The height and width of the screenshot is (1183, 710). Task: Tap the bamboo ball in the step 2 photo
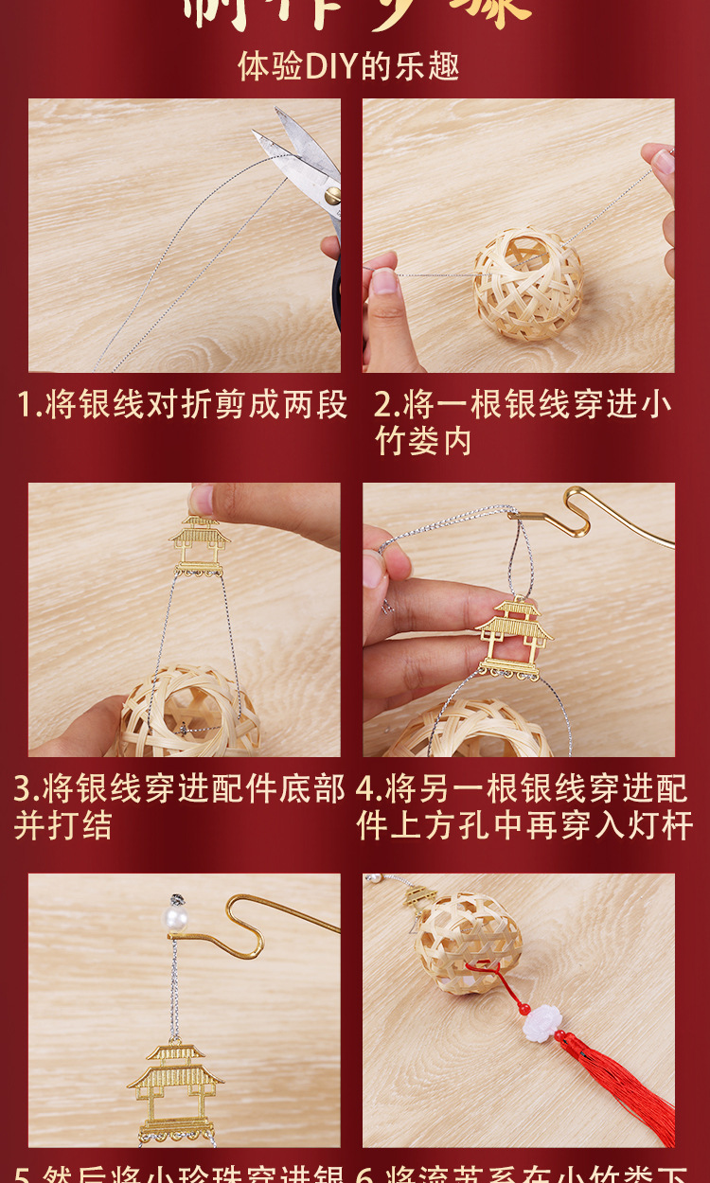pyautogui.click(x=527, y=284)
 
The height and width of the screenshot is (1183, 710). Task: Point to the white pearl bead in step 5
pyautogui.click(x=175, y=918)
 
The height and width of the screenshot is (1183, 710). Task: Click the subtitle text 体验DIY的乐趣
pyautogui.click(x=348, y=66)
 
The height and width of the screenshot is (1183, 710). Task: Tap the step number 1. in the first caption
pyautogui.click(x=27, y=405)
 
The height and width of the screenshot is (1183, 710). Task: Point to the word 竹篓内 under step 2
pyautogui.click(x=423, y=441)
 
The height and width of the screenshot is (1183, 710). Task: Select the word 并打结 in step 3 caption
pyautogui.click(x=62, y=825)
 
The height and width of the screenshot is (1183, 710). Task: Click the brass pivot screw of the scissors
pyautogui.click(x=332, y=196)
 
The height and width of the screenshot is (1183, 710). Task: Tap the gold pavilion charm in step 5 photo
pyautogui.click(x=176, y=1088)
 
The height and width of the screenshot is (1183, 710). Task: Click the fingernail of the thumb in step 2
pyautogui.click(x=383, y=281)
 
